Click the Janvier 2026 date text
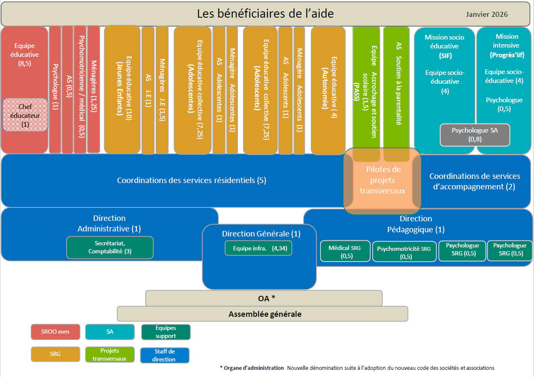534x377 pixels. point(486,14)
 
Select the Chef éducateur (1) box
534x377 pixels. point(25,115)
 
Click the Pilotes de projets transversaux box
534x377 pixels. point(382,180)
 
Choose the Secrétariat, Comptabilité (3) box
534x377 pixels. point(109,247)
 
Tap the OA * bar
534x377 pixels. point(264,298)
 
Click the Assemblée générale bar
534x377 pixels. point(262,314)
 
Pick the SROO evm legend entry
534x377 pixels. point(56,332)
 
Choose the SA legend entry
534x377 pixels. point(109,332)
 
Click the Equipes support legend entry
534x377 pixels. point(166,332)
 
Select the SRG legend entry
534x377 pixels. point(56,354)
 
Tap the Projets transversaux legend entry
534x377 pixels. point(109,354)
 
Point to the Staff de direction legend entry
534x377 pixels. point(164,355)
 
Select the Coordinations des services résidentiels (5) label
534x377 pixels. point(192,181)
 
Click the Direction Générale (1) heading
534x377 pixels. point(261,234)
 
